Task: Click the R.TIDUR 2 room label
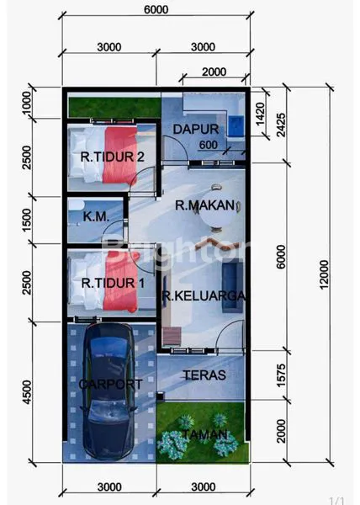point(113,156)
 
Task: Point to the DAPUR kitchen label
point(196,129)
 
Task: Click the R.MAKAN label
point(204,205)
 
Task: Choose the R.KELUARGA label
point(204,295)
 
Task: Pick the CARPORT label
point(110,384)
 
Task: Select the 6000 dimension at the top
point(156,10)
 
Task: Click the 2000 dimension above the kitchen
point(215,71)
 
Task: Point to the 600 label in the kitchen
point(209,146)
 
